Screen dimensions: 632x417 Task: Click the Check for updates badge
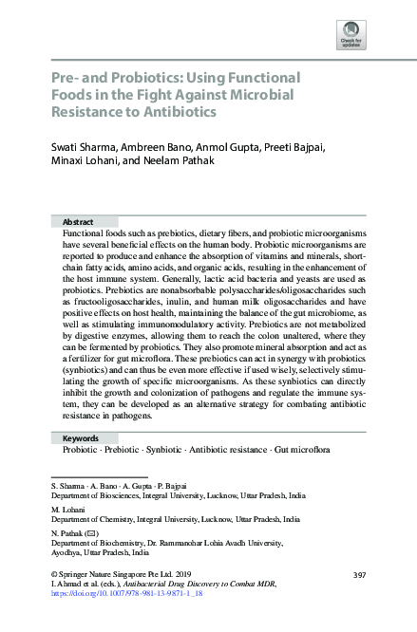point(351,34)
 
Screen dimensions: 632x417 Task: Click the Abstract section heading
point(77,220)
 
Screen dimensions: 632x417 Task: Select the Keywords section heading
point(80,438)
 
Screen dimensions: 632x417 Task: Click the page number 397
point(359,576)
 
